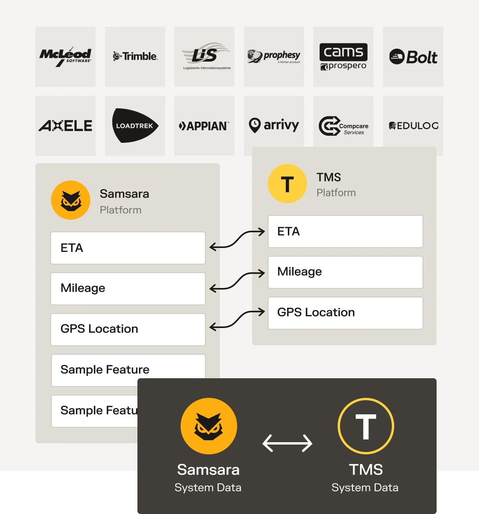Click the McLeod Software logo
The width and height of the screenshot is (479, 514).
pos(65,57)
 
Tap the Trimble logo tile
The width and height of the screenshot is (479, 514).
pos(135,57)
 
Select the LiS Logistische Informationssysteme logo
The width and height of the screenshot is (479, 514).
pos(206,56)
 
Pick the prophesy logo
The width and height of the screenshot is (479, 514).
pos(274,57)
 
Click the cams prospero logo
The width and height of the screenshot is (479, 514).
pos(343,57)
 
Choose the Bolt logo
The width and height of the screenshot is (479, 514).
pos(413,57)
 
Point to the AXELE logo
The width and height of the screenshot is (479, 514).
pos(65,126)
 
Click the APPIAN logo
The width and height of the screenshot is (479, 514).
pos(204,126)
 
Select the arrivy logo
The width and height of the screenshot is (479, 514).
pos(274,126)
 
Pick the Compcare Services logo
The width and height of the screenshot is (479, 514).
pos(344,126)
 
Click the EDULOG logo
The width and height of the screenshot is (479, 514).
pos(413,126)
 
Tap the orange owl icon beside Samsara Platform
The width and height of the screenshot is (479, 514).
pos(70,200)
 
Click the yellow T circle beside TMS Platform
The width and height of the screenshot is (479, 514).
pos(287,184)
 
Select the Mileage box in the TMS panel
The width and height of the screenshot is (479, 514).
pos(346,272)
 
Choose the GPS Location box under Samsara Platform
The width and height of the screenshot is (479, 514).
pos(128,330)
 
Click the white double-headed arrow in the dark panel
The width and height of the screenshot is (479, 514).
pos(287,443)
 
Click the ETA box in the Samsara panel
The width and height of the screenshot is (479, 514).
pos(128,248)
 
